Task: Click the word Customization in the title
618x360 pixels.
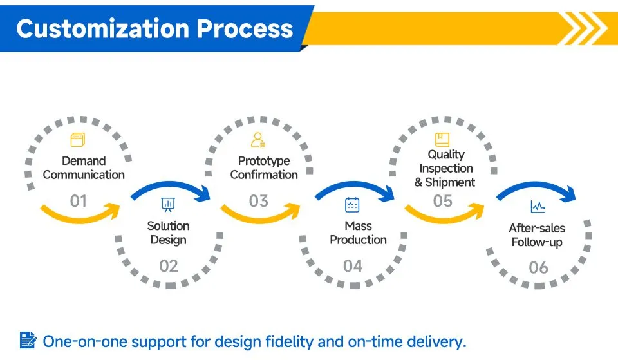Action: click(x=103, y=29)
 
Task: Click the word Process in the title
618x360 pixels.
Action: click(x=245, y=29)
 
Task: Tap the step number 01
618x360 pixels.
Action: click(x=78, y=201)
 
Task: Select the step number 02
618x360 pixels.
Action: click(x=168, y=266)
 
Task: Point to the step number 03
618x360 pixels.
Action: click(x=259, y=201)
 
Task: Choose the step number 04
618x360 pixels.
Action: click(x=353, y=266)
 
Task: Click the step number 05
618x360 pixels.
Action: click(x=443, y=201)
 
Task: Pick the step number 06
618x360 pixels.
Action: click(x=538, y=268)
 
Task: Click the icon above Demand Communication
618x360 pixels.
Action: click(x=78, y=140)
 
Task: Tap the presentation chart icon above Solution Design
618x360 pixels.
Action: click(x=168, y=205)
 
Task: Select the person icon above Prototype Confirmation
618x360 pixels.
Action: click(x=258, y=140)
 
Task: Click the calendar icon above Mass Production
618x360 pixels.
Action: click(x=352, y=205)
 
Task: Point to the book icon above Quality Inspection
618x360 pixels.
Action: click(x=442, y=140)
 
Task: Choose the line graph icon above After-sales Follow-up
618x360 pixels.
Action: click(x=538, y=206)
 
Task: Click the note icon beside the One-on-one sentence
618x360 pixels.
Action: click(x=28, y=340)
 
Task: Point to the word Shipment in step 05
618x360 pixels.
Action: click(x=450, y=182)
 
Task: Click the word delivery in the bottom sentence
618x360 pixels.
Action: click(x=436, y=341)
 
